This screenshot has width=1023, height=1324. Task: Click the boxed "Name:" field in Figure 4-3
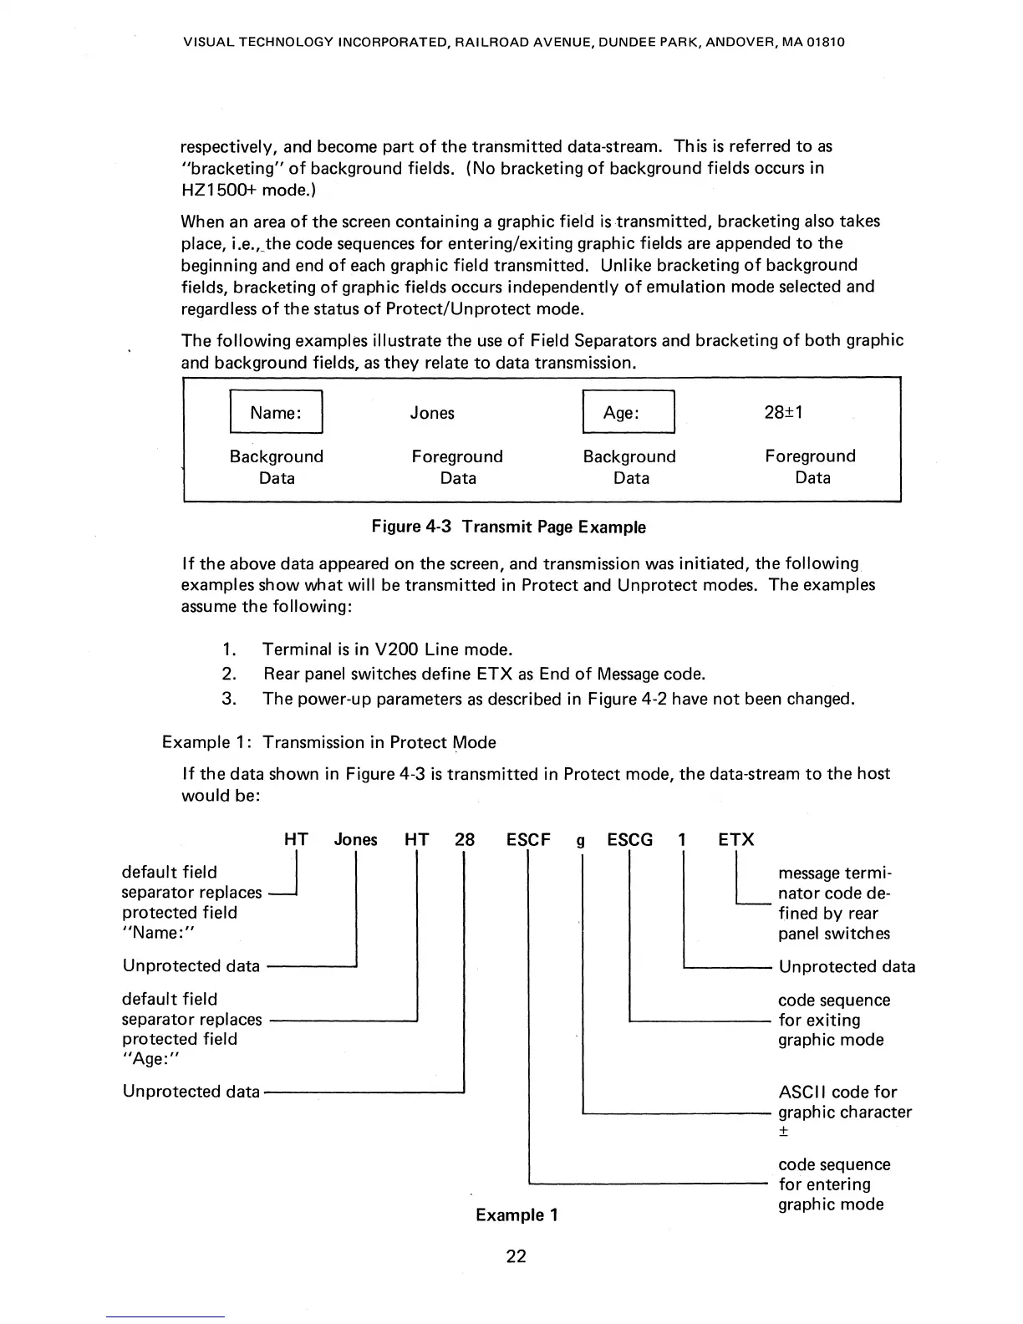tap(276, 413)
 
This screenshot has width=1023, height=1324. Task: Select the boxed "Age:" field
tap(628, 413)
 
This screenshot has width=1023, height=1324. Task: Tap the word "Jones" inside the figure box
tap(432, 413)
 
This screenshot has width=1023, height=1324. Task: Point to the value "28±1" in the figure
tap(784, 412)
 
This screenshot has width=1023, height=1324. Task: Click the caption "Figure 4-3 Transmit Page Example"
tap(508, 527)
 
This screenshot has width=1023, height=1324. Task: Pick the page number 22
tap(517, 1256)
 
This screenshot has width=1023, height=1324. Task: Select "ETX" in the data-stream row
tap(736, 840)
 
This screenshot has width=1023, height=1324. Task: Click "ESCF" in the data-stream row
tap(528, 840)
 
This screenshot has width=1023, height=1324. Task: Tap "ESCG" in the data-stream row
tap(629, 840)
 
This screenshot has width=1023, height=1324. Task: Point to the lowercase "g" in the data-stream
tap(579, 842)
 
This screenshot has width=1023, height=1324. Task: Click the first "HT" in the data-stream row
tap(297, 840)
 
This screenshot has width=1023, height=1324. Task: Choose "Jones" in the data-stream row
tap(355, 840)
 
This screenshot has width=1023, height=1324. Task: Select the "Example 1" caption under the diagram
tap(517, 1215)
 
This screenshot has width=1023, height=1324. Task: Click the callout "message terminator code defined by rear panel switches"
tap(833, 904)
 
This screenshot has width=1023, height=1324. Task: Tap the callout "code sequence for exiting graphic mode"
tap(833, 1021)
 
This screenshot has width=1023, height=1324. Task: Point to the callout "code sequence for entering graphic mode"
tap(833, 1184)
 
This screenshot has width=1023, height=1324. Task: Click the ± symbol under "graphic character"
tap(784, 1133)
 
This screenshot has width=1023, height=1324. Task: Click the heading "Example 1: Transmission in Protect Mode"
tap(328, 743)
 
